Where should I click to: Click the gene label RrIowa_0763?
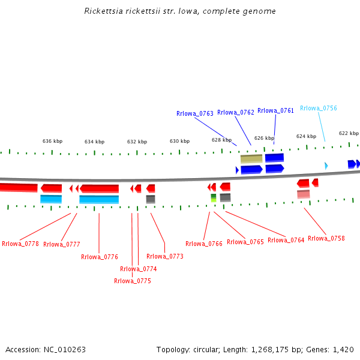pyautogui.click(x=195, y=113)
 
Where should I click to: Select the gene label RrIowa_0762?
pyautogui.click(x=236, y=112)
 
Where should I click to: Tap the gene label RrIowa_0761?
pyautogui.click(x=275, y=110)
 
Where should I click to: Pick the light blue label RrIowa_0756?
pyautogui.click(x=319, y=108)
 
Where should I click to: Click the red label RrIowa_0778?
pyautogui.click(x=20, y=244)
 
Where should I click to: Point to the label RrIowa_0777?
pyautogui.click(x=62, y=244)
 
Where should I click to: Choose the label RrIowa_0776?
pyautogui.click(x=100, y=257)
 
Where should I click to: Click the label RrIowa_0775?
pyautogui.click(x=133, y=281)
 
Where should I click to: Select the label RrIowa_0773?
pyautogui.click(x=165, y=256)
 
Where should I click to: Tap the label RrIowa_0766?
pyautogui.click(x=204, y=244)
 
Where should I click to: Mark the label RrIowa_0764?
pyautogui.click(x=286, y=240)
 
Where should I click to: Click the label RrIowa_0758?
pyautogui.click(x=326, y=238)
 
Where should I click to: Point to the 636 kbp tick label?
pyautogui.click(x=52, y=141)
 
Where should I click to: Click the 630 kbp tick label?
pyautogui.click(x=179, y=141)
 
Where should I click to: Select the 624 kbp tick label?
pyautogui.click(x=306, y=136)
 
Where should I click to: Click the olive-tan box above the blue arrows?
pyautogui.click(x=251, y=159)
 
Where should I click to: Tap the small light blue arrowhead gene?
pyautogui.click(x=326, y=166)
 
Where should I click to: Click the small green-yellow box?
pyautogui.click(x=214, y=197)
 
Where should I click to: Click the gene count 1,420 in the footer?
pyautogui.click(x=343, y=349)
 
